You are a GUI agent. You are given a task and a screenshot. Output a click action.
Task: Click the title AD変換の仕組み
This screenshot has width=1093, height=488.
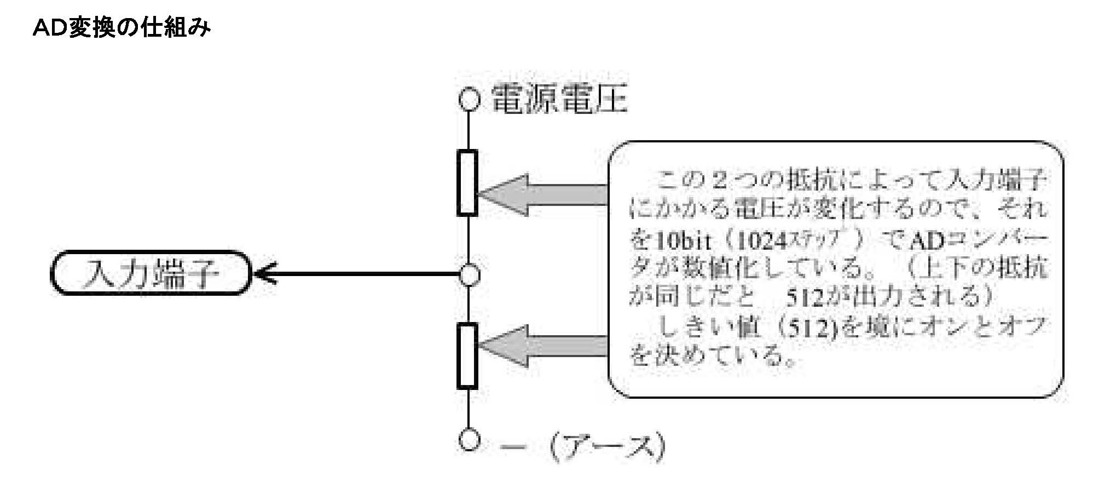point(122,28)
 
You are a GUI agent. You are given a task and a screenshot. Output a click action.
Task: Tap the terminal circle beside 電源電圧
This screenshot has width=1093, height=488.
point(469,100)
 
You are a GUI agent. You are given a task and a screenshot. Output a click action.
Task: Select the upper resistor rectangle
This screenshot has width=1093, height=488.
point(467,182)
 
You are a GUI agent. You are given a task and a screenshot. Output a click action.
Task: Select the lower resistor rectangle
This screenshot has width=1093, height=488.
point(467,355)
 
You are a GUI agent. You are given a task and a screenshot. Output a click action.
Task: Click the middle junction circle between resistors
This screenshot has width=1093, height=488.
point(469,274)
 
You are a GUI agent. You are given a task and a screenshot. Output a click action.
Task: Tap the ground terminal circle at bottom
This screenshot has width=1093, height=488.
point(469,440)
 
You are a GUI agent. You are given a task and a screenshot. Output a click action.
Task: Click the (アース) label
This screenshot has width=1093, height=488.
point(608,446)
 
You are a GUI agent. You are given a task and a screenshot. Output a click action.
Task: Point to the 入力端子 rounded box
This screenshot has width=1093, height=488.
point(150,273)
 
